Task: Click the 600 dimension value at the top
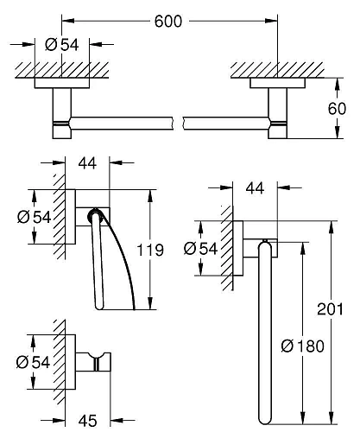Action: tap(169, 22)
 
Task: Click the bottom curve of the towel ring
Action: tap(263, 413)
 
